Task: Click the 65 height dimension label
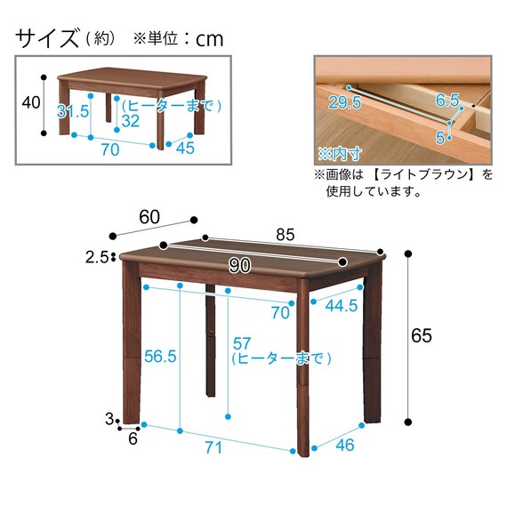pos(422,335)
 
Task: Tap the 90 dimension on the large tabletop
pos(239,266)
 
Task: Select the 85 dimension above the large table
pos(286,235)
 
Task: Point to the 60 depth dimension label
pos(149,217)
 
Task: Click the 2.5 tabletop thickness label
pos(96,258)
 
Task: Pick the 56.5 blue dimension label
pos(160,357)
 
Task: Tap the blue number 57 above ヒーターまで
pos(242,343)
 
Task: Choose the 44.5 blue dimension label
pos(342,306)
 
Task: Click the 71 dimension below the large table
pos(213,447)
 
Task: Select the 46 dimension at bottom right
pos(345,445)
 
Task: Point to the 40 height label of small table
pos(31,102)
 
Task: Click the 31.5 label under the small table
pos(73,111)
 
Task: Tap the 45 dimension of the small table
pos(185,148)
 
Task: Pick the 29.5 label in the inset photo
pos(345,102)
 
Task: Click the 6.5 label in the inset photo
pos(447,101)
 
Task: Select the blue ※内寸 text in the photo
pos(339,154)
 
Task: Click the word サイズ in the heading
pos(47,38)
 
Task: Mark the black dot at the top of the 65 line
pos(408,253)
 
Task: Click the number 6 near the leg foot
pos(133,439)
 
